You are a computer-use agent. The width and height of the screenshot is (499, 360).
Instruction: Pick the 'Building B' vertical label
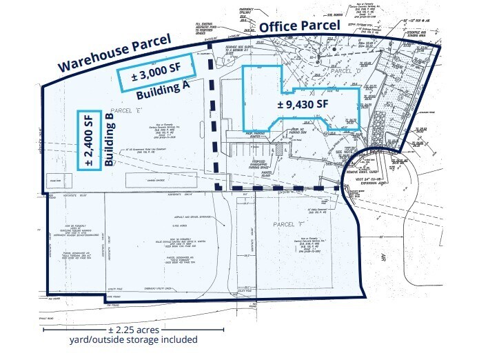point(110,146)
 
